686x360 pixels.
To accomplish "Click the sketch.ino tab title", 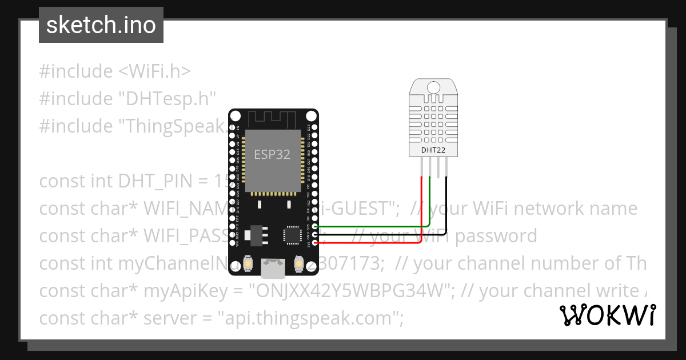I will pos(101,25).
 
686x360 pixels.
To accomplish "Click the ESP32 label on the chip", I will pos(272,154).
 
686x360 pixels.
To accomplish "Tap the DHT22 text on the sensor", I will pos(433,151).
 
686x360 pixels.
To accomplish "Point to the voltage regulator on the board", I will pos(254,235).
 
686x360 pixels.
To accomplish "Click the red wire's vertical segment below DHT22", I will pos(422,206).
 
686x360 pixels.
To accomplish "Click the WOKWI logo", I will pos(607,315).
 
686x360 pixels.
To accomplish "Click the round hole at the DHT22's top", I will pos(433,87).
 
